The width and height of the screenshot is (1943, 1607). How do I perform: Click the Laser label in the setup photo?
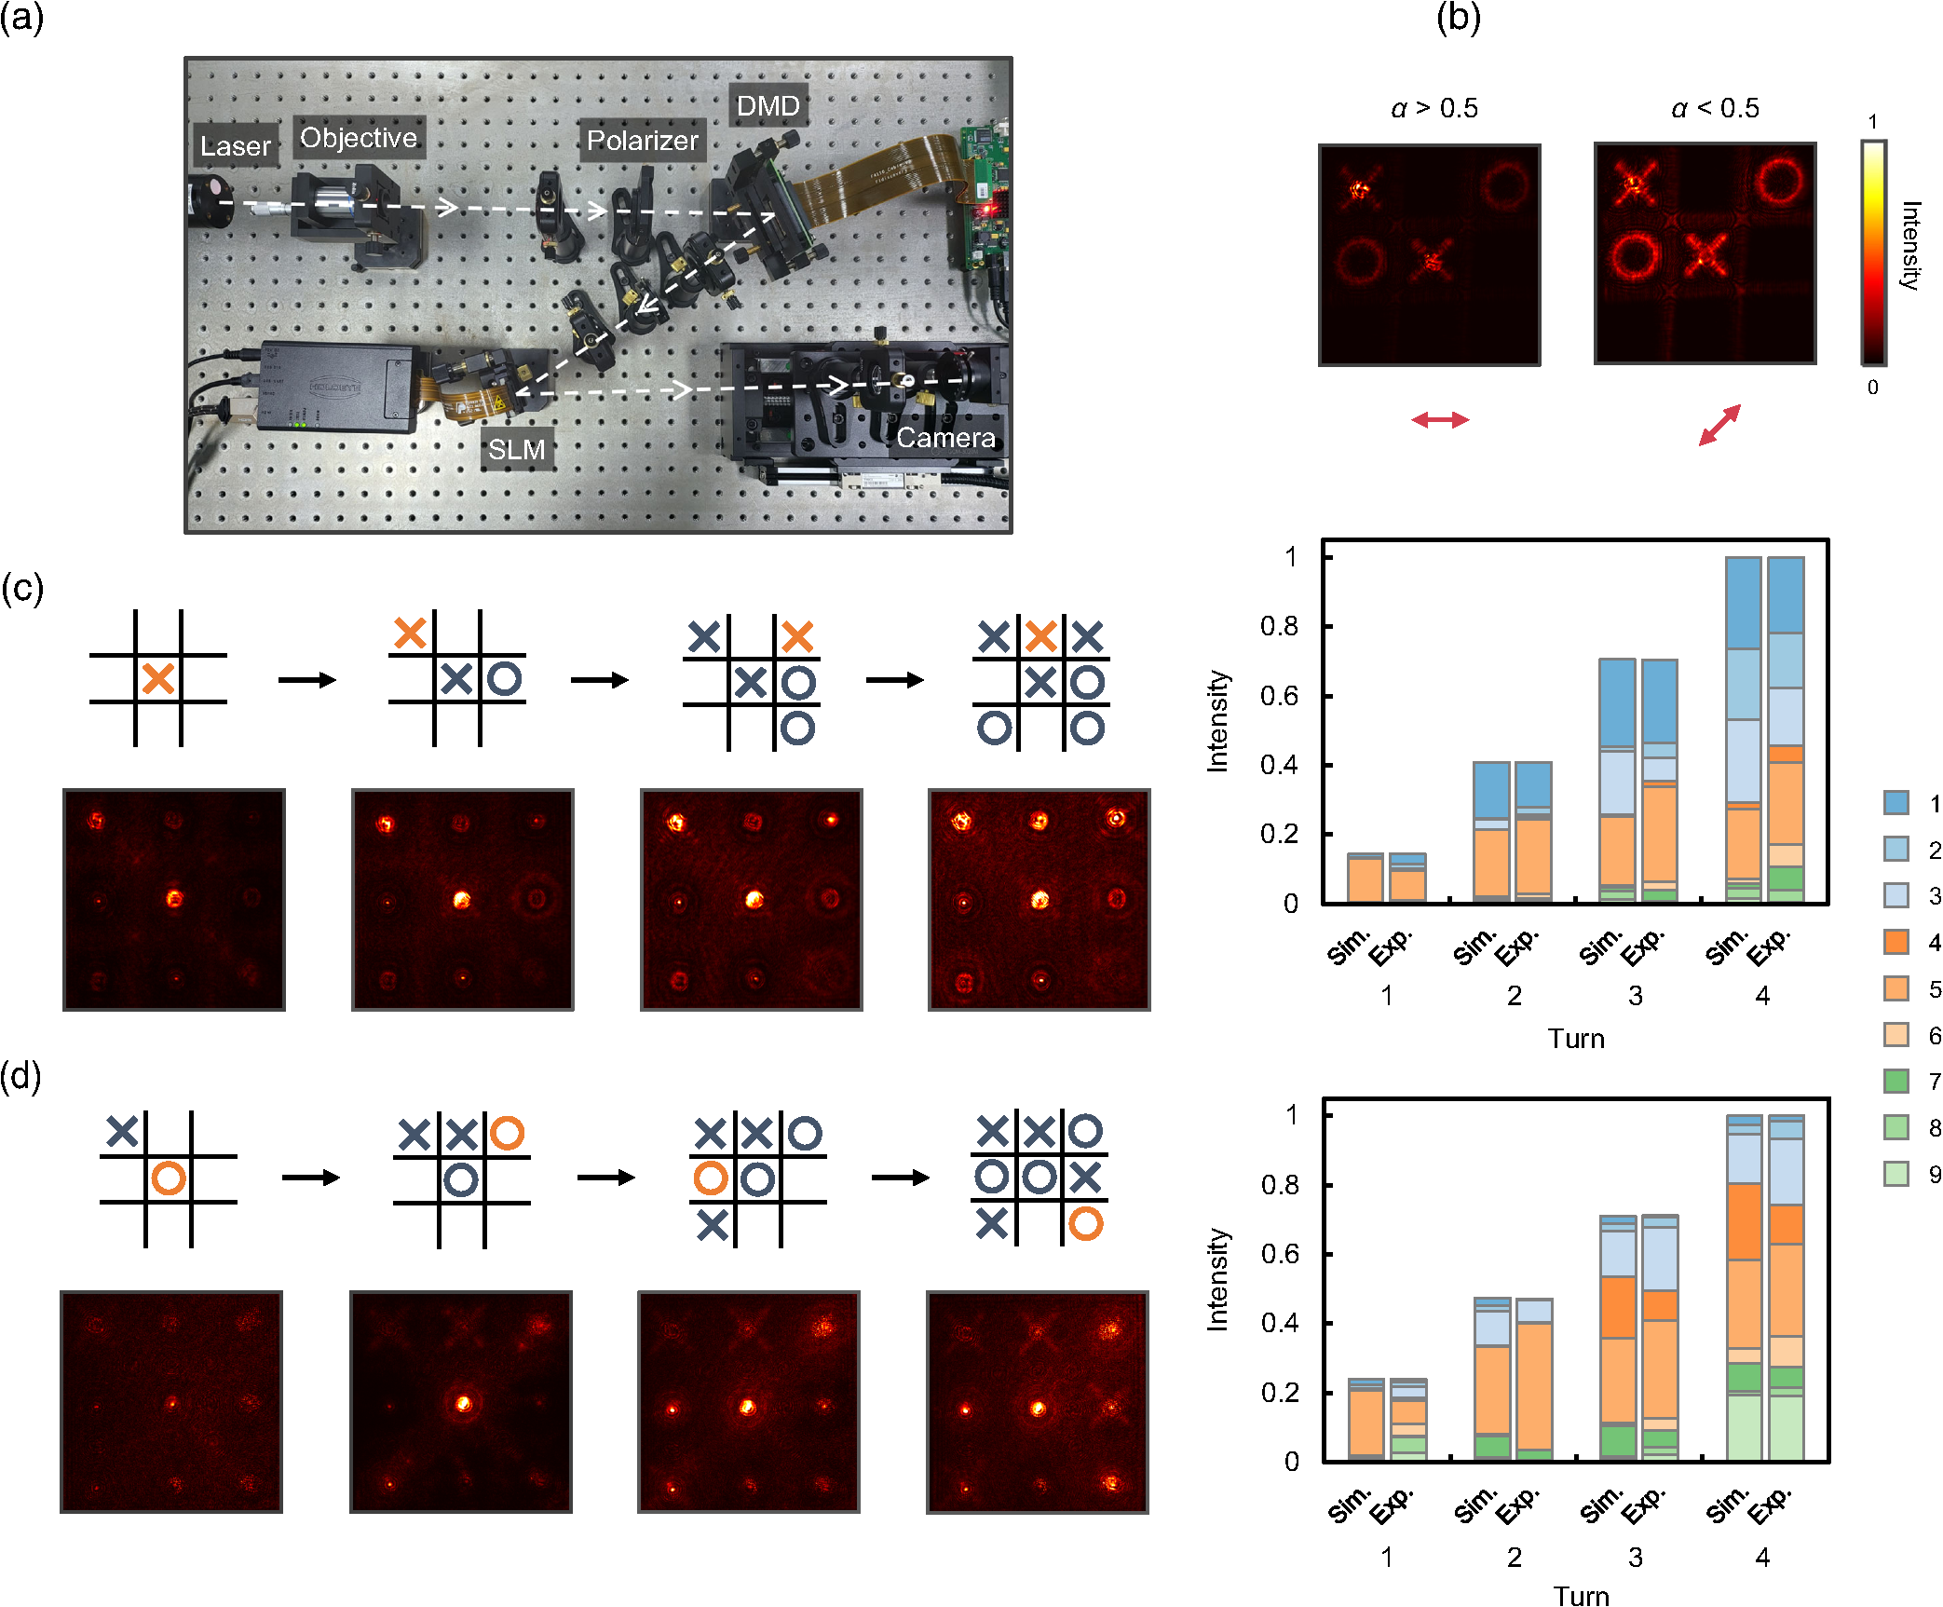[x=235, y=145]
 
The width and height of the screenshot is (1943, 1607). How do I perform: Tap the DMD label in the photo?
[x=768, y=105]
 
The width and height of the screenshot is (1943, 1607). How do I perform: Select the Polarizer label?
[x=642, y=140]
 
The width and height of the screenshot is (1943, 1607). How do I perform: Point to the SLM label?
[x=517, y=449]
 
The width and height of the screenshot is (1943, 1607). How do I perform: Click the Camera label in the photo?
[x=945, y=437]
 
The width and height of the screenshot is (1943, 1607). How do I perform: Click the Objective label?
[x=359, y=137]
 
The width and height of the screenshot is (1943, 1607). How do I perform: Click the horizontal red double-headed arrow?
[x=1440, y=420]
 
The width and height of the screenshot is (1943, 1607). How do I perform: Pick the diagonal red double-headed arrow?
[x=1719, y=425]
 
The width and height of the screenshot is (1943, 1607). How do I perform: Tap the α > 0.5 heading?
[x=1434, y=108]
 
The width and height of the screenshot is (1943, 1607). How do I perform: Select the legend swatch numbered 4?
[x=1896, y=941]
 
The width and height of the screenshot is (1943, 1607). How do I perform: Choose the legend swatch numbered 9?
[x=1896, y=1174]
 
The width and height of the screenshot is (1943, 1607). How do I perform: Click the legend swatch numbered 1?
[x=1896, y=802]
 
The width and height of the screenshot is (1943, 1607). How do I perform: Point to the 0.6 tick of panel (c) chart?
[x=1279, y=696]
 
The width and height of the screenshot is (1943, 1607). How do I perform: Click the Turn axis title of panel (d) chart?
[x=1581, y=1596]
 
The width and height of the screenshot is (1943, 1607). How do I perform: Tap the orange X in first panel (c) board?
[x=158, y=678]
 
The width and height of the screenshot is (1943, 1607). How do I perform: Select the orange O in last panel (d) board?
[x=1086, y=1223]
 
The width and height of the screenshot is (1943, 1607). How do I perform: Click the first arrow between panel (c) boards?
[x=306, y=680]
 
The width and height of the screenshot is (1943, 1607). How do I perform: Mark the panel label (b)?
[x=1459, y=18]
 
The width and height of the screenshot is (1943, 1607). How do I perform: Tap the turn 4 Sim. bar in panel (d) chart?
[x=1744, y=1287]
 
